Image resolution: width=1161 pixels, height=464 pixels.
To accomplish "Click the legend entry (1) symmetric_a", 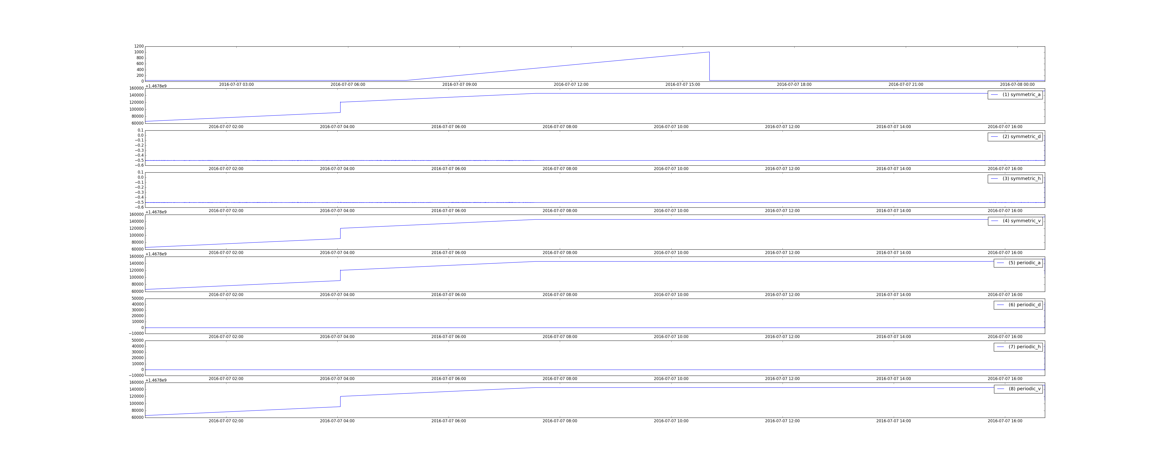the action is tap(1015, 95).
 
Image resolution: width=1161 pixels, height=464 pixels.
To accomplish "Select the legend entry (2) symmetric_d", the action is tap(1015, 136).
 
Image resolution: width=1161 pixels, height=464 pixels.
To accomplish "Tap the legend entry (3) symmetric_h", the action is tap(1015, 178).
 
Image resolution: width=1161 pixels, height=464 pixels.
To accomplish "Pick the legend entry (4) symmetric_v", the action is tap(1015, 221).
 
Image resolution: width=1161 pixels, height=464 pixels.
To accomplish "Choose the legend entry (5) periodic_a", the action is tap(1018, 263).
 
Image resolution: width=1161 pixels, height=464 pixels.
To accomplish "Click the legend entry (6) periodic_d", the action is tap(1018, 305).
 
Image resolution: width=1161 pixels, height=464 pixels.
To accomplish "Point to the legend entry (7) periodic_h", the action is tap(1018, 347).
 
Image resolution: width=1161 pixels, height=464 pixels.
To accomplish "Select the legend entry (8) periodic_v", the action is tap(1018, 389).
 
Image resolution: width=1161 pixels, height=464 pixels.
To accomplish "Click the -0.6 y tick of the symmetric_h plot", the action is tap(139, 207).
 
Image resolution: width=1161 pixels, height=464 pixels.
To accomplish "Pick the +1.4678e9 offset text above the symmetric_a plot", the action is tap(156, 86).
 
